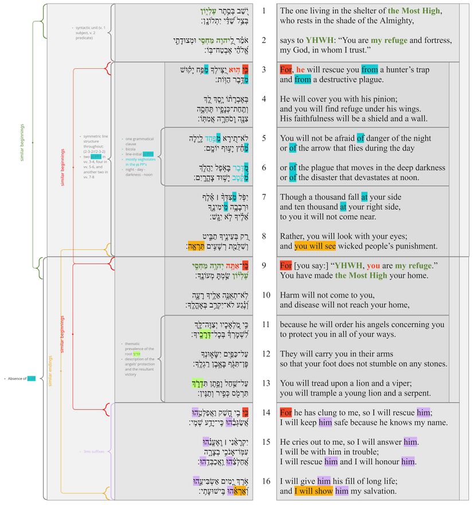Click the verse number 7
264,197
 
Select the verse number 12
265,353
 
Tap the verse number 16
265,480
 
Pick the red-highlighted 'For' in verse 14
286,412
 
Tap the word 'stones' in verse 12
433,364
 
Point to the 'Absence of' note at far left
17,378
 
